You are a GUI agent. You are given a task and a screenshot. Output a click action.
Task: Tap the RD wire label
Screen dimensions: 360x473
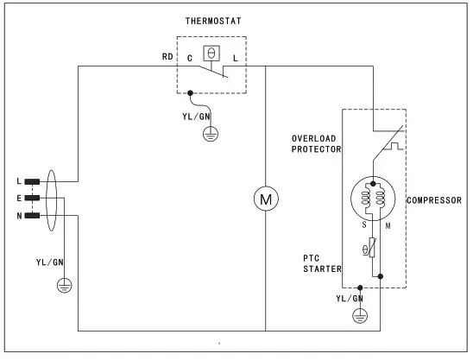click(x=167, y=57)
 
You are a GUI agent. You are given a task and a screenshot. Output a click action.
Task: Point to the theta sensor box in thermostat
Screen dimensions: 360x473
click(x=209, y=54)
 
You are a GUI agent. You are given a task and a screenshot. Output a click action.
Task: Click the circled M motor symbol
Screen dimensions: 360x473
click(x=265, y=199)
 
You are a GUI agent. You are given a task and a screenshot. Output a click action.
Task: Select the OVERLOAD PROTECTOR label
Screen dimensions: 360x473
click(x=316, y=143)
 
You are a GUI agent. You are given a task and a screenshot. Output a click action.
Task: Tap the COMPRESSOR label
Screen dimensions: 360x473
click(x=434, y=200)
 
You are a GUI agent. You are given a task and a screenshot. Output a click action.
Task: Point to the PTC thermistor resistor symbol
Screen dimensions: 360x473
click(x=372, y=248)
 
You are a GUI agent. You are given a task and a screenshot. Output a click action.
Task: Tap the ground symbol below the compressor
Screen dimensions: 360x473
click(x=361, y=317)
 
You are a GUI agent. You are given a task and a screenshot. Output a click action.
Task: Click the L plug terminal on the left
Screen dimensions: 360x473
click(x=33, y=181)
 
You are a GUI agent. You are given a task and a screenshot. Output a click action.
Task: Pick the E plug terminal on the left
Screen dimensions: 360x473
click(x=33, y=198)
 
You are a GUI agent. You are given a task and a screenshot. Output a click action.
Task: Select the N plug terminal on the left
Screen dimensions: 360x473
click(x=33, y=214)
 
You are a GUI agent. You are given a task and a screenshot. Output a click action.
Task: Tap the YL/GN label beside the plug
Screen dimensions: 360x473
click(x=49, y=261)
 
